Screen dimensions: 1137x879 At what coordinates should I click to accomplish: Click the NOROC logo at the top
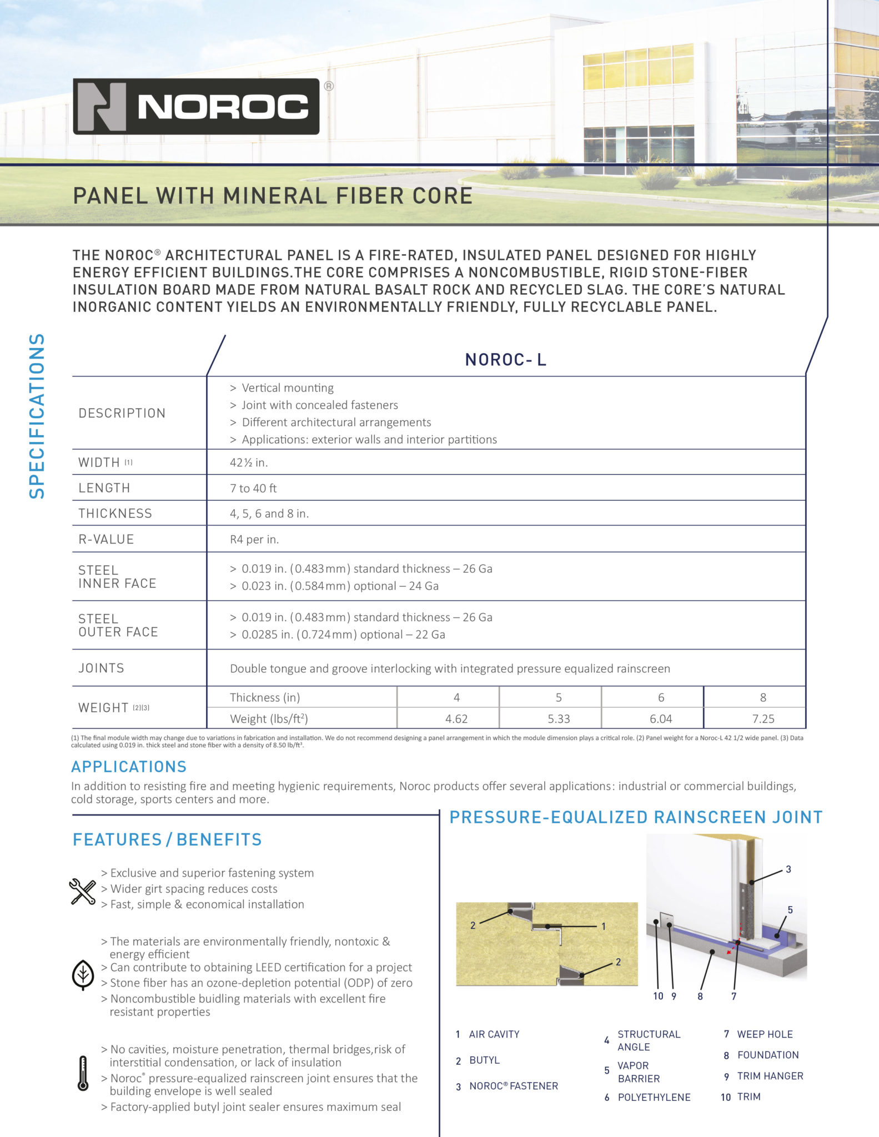(x=196, y=106)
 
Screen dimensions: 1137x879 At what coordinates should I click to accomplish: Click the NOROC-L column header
(x=505, y=360)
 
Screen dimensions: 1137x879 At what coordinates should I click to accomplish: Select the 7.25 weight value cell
(x=763, y=719)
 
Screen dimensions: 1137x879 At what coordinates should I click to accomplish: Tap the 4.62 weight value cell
(x=456, y=719)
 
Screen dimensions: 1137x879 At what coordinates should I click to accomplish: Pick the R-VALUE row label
(x=106, y=539)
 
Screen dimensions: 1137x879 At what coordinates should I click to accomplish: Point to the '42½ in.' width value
(x=249, y=462)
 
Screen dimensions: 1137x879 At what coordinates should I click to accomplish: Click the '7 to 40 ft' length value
(x=253, y=489)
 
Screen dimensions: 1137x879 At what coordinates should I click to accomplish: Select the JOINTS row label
(x=101, y=668)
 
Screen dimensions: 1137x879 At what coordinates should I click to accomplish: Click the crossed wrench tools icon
(x=83, y=891)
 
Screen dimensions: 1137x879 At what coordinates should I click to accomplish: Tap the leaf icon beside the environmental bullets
(x=83, y=975)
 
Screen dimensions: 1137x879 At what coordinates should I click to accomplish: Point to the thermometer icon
(x=83, y=1073)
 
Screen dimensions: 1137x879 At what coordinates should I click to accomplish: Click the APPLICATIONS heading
(x=129, y=767)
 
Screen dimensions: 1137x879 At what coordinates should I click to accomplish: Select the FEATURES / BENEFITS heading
(x=167, y=839)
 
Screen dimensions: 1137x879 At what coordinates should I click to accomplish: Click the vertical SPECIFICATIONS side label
(x=37, y=416)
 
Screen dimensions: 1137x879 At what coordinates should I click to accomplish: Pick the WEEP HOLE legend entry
(x=764, y=1034)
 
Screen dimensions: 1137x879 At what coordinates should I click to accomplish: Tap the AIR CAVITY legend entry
(x=494, y=1034)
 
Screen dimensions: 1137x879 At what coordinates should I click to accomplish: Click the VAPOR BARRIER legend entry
(x=639, y=1072)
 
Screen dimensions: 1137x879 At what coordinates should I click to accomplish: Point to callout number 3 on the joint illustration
(x=788, y=869)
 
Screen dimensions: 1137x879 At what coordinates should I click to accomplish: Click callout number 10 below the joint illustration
(x=658, y=996)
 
